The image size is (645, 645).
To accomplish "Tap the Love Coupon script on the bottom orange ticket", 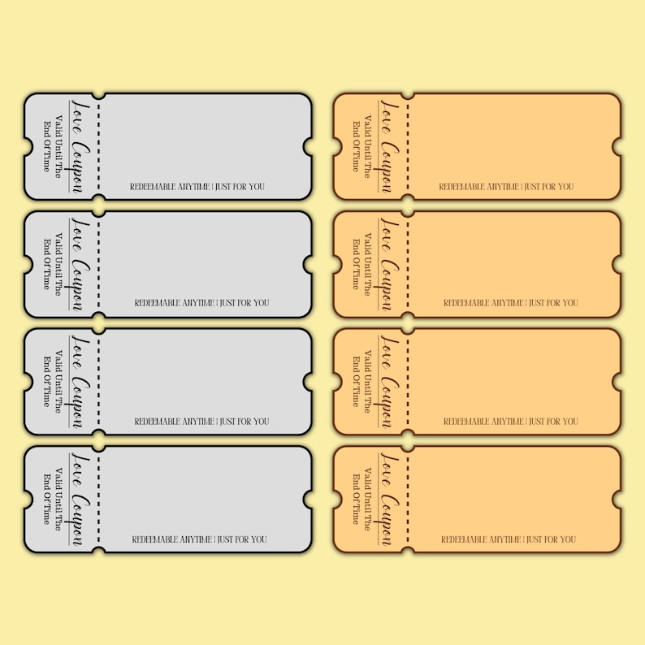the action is (x=390, y=499).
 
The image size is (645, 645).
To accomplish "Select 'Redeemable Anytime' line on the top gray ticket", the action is (x=197, y=187).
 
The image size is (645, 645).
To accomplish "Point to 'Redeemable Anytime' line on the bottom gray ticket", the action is (x=199, y=539).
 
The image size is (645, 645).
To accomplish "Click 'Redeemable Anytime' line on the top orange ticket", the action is (x=506, y=187).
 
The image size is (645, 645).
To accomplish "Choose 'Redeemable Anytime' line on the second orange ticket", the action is (x=510, y=303).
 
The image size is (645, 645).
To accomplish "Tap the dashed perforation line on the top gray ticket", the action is (x=99, y=147).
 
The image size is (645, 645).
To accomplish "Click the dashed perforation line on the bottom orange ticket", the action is (x=408, y=500).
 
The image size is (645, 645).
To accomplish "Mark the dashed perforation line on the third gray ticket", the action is (x=99, y=382).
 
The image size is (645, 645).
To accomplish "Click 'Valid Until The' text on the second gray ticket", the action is (x=58, y=264).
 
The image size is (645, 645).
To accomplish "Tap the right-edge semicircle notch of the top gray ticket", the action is (x=307, y=147).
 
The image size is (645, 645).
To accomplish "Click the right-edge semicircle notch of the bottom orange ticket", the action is (x=617, y=500).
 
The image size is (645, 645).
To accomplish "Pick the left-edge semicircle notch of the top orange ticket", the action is (x=337, y=147).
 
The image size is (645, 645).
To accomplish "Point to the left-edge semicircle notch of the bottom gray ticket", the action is (x=28, y=500).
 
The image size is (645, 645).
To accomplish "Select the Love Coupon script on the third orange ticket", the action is (x=390, y=381).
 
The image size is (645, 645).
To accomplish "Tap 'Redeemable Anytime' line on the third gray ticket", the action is (x=201, y=422).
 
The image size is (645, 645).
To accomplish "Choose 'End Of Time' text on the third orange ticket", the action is (x=356, y=381).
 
